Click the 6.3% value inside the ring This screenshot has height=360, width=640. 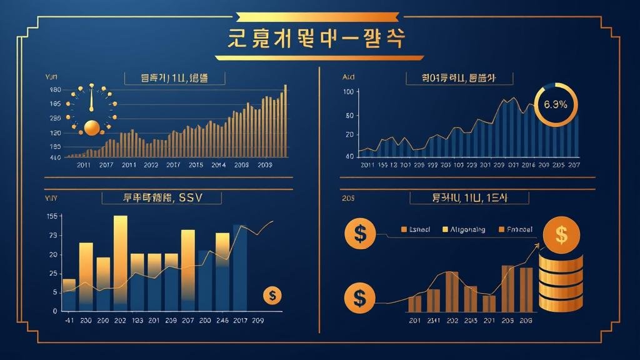pos(556,104)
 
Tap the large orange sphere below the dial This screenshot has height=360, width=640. pos(91,127)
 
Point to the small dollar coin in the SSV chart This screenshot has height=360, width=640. pos(272,295)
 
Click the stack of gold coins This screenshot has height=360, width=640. pos(560,281)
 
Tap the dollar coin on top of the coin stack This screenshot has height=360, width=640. pos(561,235)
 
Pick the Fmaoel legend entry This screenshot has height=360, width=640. pos(519,229)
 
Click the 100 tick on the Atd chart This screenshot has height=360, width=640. pos(349,92)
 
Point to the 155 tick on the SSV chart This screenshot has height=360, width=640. pos(52,216)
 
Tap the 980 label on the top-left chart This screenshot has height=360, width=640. pos(55,90)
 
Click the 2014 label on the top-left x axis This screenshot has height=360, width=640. pos(218,165)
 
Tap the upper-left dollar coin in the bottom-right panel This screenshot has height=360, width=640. pos(359,234)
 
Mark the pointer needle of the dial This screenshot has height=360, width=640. pos(91,100)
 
